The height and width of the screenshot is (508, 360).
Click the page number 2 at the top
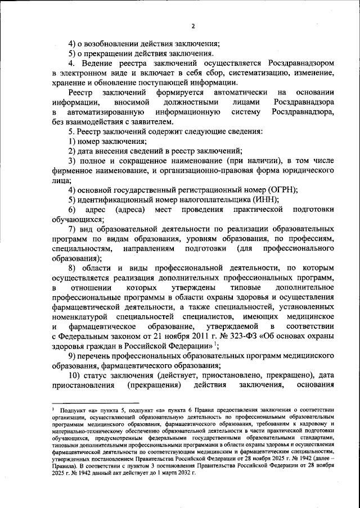[192, 26]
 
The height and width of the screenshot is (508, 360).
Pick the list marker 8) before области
[73, 267]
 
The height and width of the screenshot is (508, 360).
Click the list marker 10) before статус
[75, 375]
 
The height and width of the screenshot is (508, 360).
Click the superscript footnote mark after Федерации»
[214, 343]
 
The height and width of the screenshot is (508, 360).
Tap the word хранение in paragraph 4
[70, 83]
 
